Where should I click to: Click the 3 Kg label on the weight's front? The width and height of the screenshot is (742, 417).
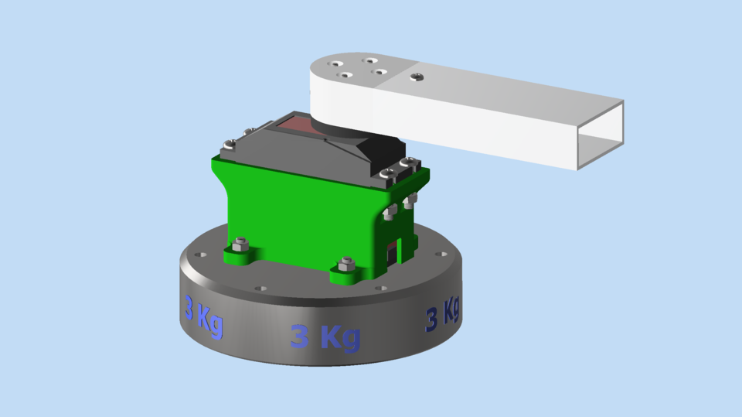point(325,337)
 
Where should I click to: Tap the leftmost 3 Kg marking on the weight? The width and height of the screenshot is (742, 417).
point(203,315)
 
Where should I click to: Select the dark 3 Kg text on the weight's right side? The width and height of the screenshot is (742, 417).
point(443,313)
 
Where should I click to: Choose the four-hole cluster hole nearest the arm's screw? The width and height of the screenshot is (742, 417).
point(380,73)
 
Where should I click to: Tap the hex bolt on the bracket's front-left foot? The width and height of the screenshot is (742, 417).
point(240,246)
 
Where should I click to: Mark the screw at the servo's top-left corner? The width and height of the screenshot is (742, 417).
point(229,143)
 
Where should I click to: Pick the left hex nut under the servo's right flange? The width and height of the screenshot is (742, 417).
point(391,210)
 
